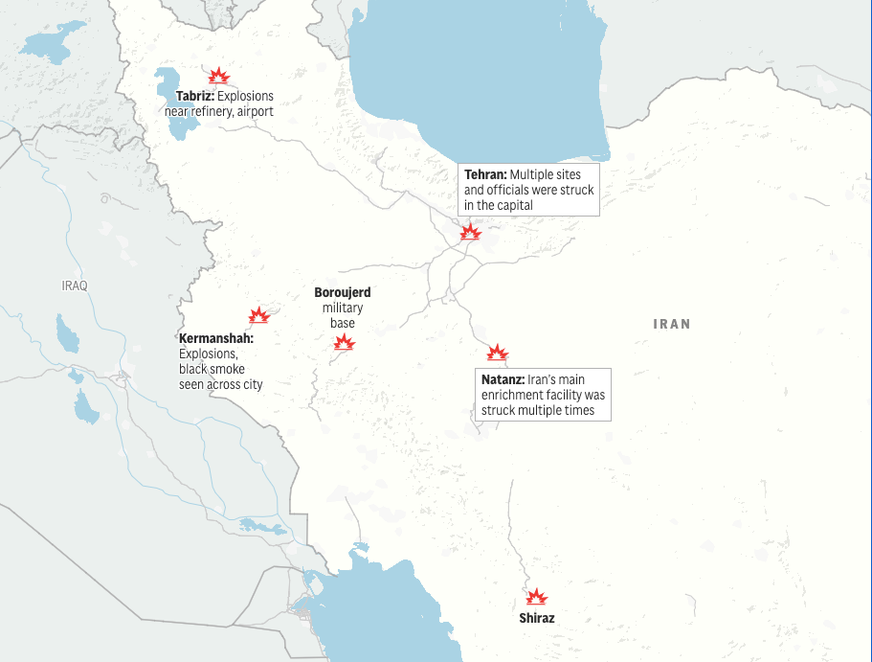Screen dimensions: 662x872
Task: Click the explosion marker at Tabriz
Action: click(219, 77)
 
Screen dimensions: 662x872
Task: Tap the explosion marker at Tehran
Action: click(470, 231)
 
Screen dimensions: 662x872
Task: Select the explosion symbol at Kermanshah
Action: click(258, 315)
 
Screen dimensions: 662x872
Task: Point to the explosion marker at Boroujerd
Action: click(345, 342)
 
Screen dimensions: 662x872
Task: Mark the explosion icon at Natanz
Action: click(497, 353)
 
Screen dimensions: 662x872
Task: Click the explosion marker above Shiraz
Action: click(537, 597)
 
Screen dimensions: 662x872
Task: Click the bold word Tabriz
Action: click(194, 97)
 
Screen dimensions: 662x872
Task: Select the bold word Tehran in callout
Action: click(485, 175)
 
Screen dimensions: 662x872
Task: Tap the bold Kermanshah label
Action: click(216, 339)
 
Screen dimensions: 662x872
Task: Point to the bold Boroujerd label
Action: click(343, 292)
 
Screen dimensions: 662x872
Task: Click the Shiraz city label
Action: click(537, 618)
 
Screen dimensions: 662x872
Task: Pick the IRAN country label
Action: click(672, 324)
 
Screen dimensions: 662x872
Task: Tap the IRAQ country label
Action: click(75, 285)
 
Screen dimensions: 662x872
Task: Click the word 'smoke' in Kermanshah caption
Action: click(229, 370)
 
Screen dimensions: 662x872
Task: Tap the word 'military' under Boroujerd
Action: click(343, 308)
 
